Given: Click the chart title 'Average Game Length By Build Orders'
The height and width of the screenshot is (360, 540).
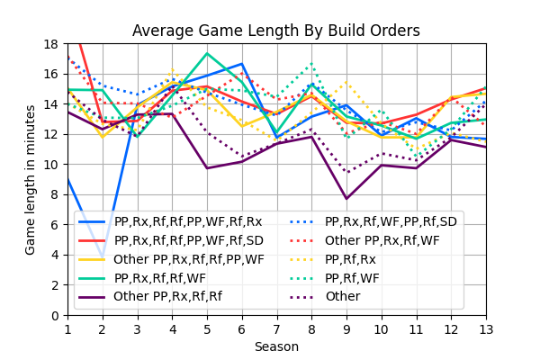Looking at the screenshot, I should (276, 31).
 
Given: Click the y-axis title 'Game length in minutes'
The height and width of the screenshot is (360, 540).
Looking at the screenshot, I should (31, 179).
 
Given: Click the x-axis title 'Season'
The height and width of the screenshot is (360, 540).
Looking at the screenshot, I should (276, 346).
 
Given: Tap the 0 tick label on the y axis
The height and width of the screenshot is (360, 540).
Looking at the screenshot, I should (58, 315).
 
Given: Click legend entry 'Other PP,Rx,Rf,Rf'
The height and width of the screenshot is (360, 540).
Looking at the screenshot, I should (172, 296).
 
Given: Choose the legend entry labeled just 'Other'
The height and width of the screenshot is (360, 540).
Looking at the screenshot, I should (342, 296).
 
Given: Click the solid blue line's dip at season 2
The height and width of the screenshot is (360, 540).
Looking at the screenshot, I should (103, 255).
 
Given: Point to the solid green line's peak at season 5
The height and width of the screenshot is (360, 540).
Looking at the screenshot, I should (207, 53).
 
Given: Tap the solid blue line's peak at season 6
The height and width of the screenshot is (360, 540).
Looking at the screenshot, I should (242, 64).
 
